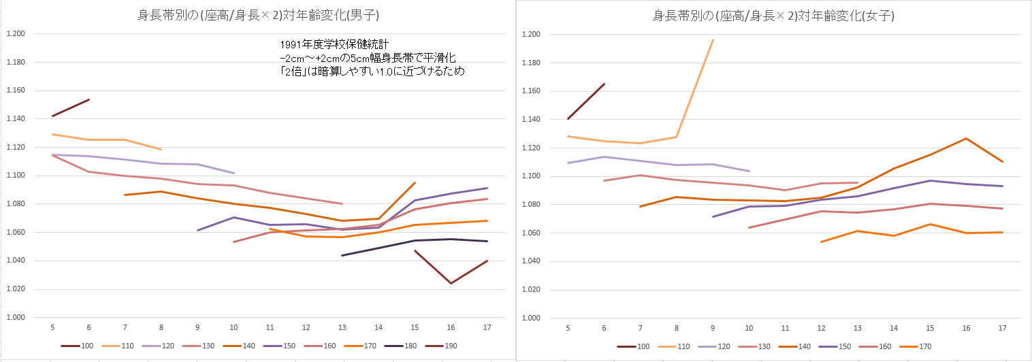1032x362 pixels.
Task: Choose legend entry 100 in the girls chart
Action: pyautogui.click(x=642, y=346)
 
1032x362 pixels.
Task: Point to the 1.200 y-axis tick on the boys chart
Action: pyautogui.click(x=14, y=34)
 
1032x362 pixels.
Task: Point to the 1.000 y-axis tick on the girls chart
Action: pyautogui.click(x=530, y=318)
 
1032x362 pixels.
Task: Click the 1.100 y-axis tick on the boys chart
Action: pyautogui.click(x=14, y=176)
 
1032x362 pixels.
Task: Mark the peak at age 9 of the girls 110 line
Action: pyautogui.click(x=713, y=39)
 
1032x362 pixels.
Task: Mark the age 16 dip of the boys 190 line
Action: pyautogui.click(x=451, y=283)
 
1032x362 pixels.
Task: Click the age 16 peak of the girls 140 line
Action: pyautogui.click(x=966, y=138)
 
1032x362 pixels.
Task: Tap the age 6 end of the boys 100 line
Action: pyautogui.click(x=89, y=99)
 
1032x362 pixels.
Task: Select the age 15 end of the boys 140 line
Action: pyautogui.click(x=415, y=182)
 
